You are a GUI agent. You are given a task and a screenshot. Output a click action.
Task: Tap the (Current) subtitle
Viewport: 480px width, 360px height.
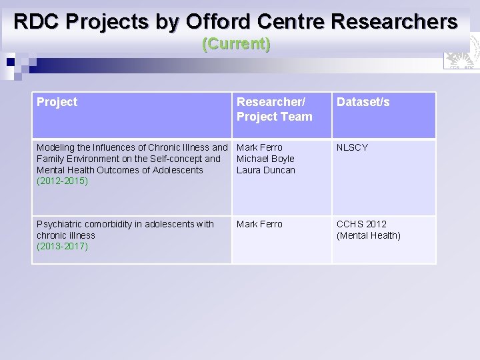pyautogui.click(x=236, y=45)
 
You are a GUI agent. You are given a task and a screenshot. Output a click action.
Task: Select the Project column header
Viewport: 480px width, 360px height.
pyautogui.click(x=57, y=102)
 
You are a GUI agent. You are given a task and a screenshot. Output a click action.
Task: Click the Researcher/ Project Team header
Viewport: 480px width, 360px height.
pyautogui.click(x=274, y=109)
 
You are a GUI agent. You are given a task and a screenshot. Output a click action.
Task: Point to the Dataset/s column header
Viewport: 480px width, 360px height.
pyautogui.click(x=363, y=102)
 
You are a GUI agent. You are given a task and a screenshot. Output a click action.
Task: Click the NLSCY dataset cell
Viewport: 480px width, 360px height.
pyautogui.click(x=352, y=147)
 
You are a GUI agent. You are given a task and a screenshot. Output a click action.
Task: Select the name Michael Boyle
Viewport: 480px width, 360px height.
pyautogui.click(x=265, y=159)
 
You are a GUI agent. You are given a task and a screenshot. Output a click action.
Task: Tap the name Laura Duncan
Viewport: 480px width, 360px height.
pyautogui.click(x=266, y=170)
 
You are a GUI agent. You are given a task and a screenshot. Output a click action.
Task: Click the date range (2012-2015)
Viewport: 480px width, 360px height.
pyautogui.click(x=62, y=181)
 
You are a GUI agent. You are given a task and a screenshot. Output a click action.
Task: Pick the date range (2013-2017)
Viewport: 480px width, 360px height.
pyautogui.click(x=62, y=247)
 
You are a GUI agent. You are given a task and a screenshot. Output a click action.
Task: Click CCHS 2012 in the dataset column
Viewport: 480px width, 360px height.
pyautogui.click(x=361, y=224)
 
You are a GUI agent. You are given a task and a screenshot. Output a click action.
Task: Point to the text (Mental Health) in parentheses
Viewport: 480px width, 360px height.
pyautogui.click(x=369, y=235)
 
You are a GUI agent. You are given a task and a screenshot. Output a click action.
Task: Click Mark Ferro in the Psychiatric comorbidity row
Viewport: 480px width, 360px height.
pyautogui.click(x=259, y=224)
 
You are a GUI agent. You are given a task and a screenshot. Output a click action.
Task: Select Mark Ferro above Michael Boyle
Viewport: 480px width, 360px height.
pyautogui.click(x=259, y=147)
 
